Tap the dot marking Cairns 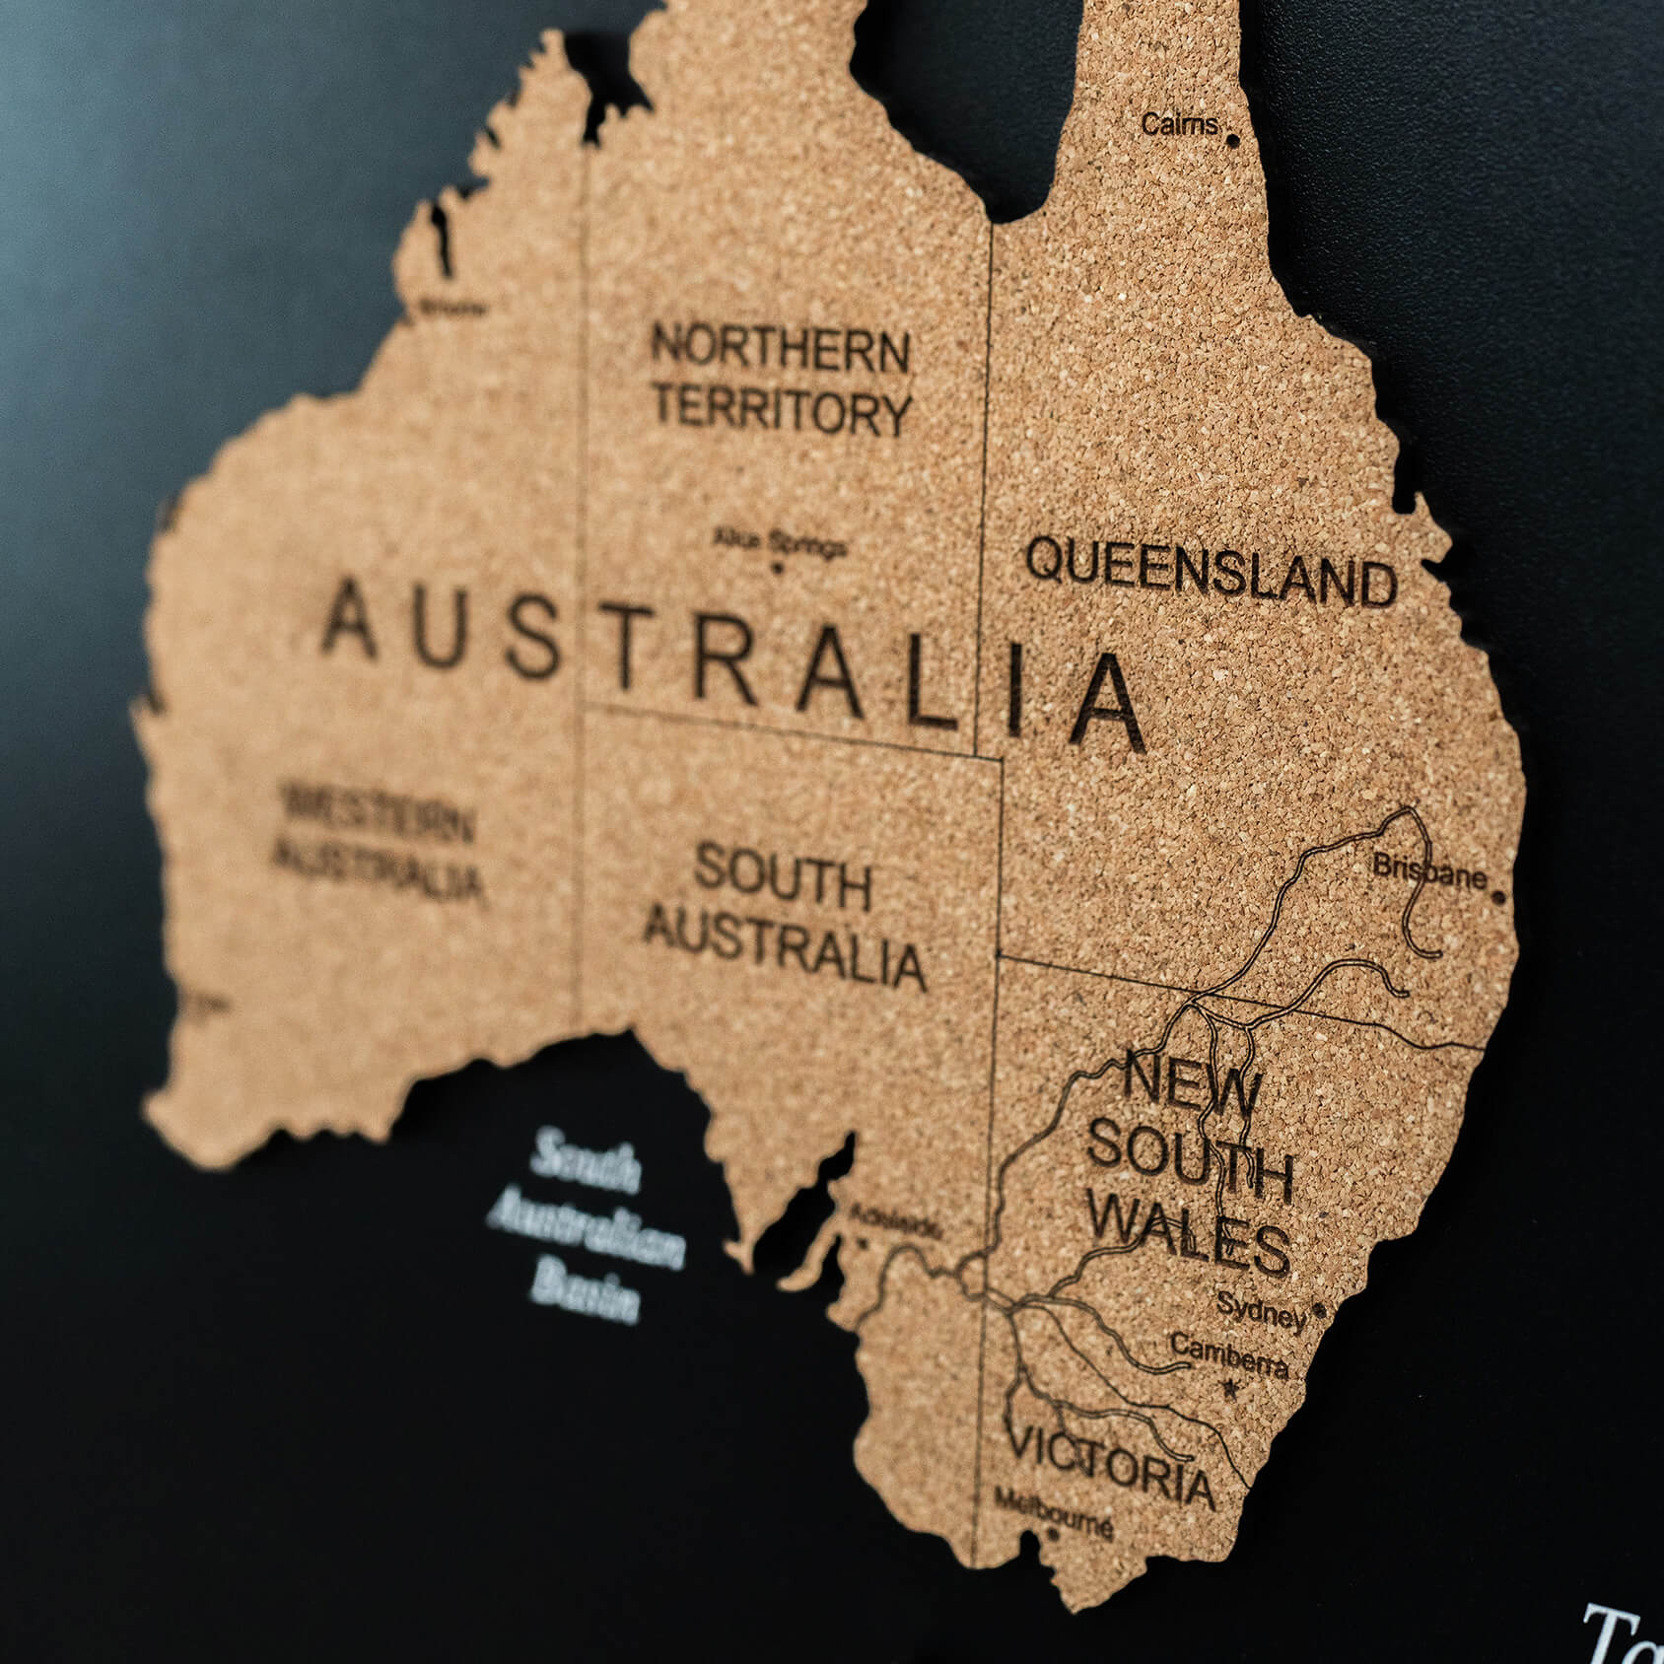coord(1232,141)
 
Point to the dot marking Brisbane coord(1499,897)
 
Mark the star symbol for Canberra coord(1228,1388)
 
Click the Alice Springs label coord(780,542)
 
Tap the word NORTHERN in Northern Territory coord(780,349)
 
